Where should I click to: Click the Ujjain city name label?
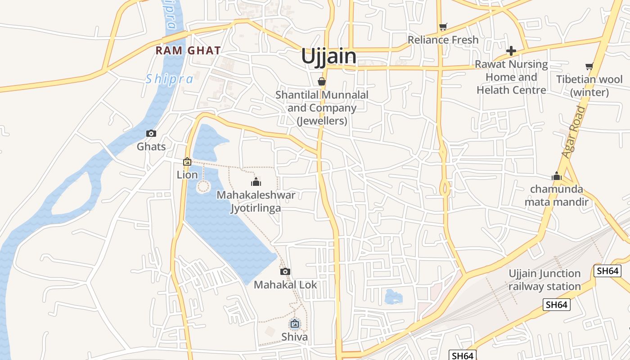328,57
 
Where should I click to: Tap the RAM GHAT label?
188,50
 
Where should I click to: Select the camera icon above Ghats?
151,133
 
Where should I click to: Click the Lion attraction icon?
187,162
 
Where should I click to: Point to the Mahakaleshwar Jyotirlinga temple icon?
256,182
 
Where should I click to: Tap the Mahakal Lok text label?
285,285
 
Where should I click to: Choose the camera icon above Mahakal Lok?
285,271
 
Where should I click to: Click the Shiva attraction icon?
295,323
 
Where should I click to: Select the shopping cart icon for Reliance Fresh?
443,27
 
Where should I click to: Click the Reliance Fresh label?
443,40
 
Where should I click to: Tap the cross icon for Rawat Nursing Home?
511,51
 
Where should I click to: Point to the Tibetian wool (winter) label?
589,86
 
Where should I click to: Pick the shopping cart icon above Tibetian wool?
589,67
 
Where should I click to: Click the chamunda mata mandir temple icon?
557,176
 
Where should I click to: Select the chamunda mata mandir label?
557,195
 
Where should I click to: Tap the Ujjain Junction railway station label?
545,280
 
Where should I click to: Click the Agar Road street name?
574,132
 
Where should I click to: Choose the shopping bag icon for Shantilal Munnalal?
321,81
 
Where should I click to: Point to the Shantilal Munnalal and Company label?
322,108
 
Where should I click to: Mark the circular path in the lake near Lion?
204,186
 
